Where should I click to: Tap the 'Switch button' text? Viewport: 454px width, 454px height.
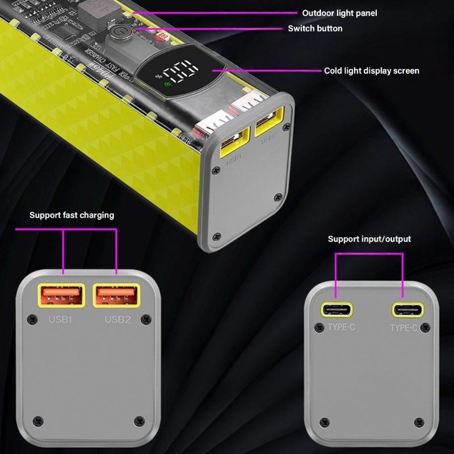[315, 28]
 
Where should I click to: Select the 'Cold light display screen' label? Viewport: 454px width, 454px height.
[371, 71]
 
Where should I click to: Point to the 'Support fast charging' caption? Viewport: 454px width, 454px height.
[72, 215]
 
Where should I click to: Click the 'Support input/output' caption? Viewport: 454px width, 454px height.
[369, 239]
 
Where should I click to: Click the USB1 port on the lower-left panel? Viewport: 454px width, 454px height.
[61, 296]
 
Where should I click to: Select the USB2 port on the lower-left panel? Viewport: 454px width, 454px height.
[116, 296]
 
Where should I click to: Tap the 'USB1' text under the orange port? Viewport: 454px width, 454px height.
[60, 320]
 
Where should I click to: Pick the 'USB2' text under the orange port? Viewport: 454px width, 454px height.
[117, 320]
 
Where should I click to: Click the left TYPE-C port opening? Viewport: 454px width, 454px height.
[337, 310]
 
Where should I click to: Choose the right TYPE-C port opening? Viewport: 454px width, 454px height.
[407, 310]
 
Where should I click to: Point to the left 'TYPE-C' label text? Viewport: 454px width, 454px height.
[341, 327]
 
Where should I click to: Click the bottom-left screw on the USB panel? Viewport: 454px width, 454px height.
[38, 421]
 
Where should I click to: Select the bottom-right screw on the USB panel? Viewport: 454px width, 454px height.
[140, 421]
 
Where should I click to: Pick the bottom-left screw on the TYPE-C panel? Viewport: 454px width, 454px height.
[325, 422]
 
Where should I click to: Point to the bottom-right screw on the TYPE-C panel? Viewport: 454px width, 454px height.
[419, 422]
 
